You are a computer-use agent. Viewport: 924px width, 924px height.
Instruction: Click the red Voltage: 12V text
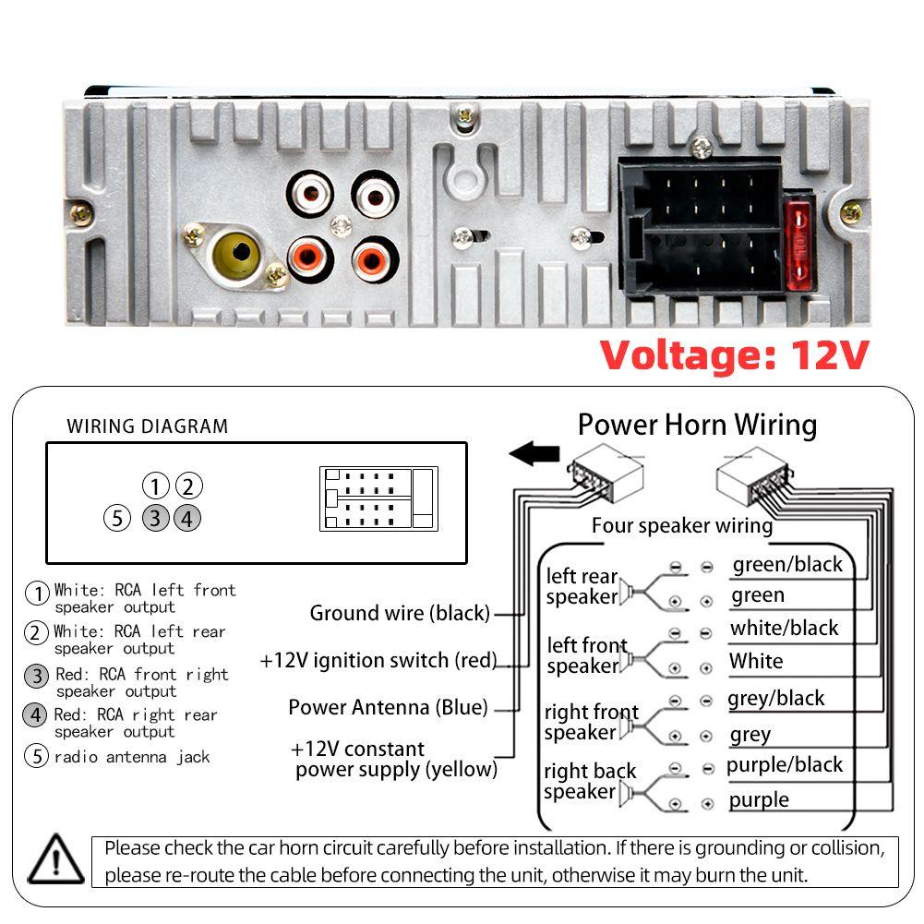734,354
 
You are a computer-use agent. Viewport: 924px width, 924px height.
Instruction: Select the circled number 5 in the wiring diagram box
116,518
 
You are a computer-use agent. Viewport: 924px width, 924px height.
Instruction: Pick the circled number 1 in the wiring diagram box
156,486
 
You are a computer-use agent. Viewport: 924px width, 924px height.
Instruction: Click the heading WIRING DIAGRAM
147,426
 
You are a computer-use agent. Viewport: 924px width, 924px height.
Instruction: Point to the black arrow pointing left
534,454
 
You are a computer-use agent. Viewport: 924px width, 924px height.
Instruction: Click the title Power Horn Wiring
697,425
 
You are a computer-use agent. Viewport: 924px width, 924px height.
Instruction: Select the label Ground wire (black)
400,613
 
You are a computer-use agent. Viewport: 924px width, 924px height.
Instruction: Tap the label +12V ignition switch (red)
378,660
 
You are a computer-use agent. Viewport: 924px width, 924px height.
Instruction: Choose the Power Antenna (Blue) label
388,707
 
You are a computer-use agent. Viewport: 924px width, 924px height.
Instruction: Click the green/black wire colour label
787,564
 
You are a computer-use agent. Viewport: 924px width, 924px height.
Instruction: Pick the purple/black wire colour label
785,764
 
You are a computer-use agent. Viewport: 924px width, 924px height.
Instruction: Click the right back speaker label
589,781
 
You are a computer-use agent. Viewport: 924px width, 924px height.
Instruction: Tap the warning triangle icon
55,860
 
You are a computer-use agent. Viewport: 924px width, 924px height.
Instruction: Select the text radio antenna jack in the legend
132,757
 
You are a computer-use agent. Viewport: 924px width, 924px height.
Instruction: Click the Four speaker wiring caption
681,526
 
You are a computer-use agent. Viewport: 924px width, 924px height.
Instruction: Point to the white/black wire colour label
785,628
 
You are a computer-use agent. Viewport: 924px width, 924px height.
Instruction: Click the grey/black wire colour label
775,698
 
